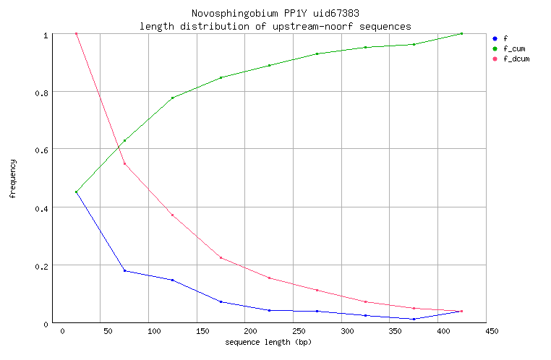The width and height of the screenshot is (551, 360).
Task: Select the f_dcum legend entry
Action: point(516,59)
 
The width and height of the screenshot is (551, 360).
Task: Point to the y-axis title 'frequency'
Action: point(13,179)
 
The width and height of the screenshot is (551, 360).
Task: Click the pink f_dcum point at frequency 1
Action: point(76,34)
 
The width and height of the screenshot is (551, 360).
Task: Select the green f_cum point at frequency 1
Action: point(461,34)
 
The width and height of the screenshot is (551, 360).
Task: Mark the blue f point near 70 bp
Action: point(124,270)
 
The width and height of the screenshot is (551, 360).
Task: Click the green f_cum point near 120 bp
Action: point(172,98)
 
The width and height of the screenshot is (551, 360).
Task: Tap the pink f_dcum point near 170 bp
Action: point(221,257)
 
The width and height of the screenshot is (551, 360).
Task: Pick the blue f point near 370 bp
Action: point(414,319)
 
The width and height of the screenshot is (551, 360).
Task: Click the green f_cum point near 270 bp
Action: point(317,53)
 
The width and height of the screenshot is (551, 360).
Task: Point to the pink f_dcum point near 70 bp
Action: point(124,163)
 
